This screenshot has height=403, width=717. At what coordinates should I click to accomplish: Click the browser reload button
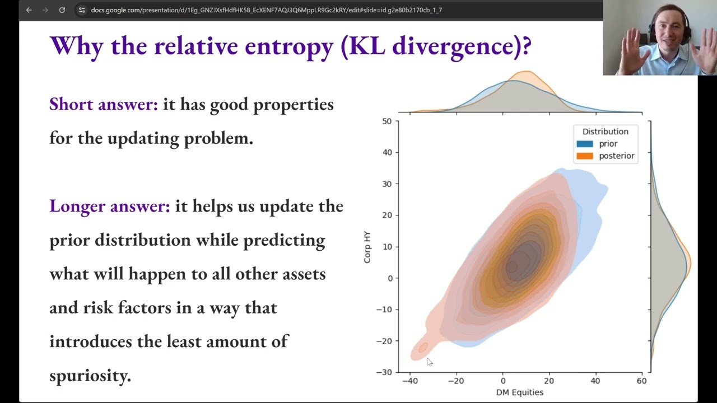(x=62, y=10)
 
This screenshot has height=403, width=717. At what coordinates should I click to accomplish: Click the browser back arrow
(x=29, y=10)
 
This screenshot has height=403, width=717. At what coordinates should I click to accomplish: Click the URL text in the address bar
(x=266, y=10)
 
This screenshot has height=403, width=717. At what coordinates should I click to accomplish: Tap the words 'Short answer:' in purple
(x=104, y=104)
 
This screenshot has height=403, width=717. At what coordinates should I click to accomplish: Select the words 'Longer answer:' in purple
(x=109, y=206)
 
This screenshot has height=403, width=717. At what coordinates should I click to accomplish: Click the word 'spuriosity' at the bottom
(x=90, y=375)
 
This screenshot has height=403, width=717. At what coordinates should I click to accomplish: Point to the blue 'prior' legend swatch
(x=584, y=144)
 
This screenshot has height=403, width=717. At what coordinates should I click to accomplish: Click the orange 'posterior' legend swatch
(x=584, y=156)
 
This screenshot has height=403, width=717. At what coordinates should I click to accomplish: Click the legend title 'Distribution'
(x=605, y=132)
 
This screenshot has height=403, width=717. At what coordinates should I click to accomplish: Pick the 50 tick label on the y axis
(x=387, y=121)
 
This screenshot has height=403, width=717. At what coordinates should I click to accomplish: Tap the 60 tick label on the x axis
(x=641, y=381)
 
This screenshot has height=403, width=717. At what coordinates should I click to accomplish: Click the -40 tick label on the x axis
(x=409, y=381)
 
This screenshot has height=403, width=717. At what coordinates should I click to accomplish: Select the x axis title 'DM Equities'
(x=519, y=392)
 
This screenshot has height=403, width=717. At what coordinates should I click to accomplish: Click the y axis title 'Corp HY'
(x=367, y=247)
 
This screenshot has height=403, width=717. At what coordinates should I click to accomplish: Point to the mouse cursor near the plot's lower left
(x=429, y=362)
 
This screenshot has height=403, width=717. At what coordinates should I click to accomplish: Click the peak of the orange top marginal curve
(x=526, y=72)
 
